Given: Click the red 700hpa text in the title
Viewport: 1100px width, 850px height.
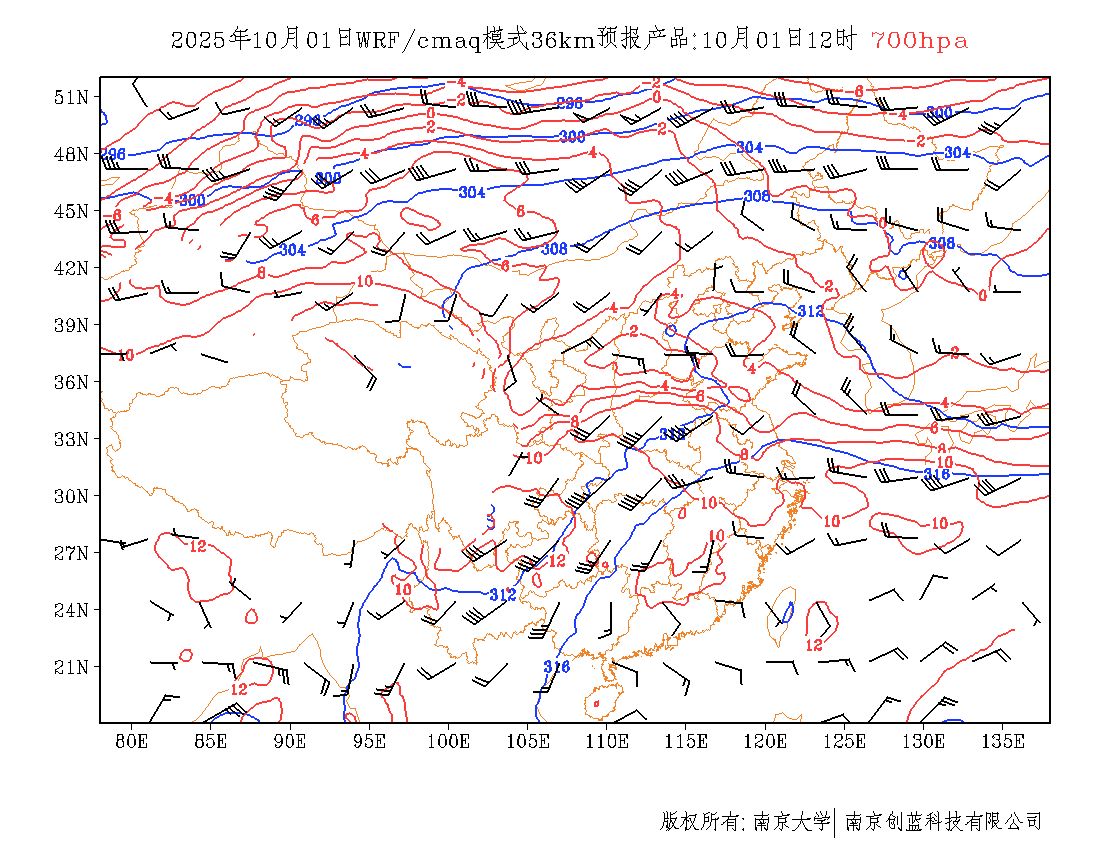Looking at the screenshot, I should (919, 41).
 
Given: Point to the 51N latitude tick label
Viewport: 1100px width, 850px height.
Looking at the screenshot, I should (72, 97).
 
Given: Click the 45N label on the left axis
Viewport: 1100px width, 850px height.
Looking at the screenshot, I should (72, 211).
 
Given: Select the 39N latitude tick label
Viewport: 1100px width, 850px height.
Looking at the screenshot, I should (72, 325).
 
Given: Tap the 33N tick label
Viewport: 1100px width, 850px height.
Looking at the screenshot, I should (72, 439).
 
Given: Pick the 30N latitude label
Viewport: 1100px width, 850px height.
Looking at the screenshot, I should (72, 496).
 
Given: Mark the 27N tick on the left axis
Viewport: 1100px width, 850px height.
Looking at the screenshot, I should (72, 553).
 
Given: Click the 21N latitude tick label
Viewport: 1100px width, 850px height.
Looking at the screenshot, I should (72, 667).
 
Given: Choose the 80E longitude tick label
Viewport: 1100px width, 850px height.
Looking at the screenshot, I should (132, 741).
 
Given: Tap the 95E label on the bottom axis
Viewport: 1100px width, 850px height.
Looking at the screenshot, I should (370, 741).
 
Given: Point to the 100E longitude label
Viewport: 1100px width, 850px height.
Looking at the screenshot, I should (449, 741).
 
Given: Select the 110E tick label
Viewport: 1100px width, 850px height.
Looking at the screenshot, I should (607, 741).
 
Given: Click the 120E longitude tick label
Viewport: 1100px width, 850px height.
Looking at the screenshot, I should (766, 741).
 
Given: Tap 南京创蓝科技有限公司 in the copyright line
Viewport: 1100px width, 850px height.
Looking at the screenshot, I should (944, 822).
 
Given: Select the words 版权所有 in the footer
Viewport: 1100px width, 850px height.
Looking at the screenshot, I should (699, 822).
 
